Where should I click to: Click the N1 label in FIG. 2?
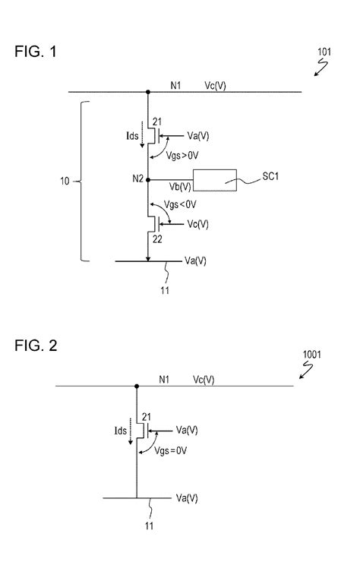click(163, 379)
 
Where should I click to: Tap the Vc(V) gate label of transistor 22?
click(199, 224)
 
